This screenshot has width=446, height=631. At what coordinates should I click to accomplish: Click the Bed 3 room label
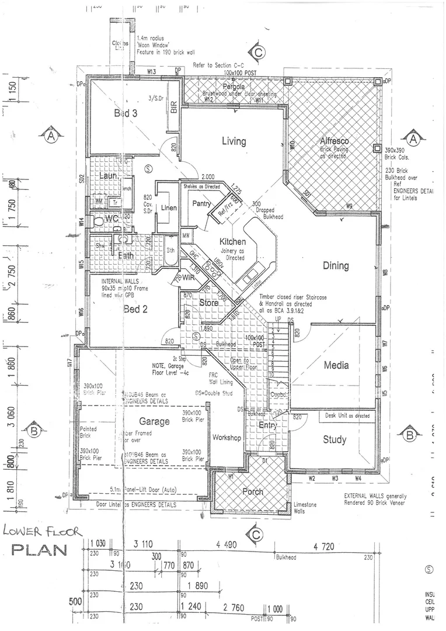point(126,113)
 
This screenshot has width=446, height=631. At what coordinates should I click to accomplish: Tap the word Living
point(234,141)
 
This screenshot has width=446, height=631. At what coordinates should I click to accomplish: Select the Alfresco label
point(334,141)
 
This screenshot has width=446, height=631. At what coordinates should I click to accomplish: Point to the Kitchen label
point(232,242)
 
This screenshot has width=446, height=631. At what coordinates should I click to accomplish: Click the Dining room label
point(336,266)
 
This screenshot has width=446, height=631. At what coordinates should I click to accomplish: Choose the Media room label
point(336,365)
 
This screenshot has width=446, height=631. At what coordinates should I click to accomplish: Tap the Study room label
point(334,439)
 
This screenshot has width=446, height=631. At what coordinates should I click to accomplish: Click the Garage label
point(154,421)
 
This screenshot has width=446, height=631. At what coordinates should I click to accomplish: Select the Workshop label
point(227,438)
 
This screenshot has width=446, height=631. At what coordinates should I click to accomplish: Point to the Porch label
point(253,491)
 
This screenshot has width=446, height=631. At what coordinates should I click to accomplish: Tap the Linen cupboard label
point(169,207)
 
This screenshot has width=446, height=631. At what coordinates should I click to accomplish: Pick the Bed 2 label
point(135,309)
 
